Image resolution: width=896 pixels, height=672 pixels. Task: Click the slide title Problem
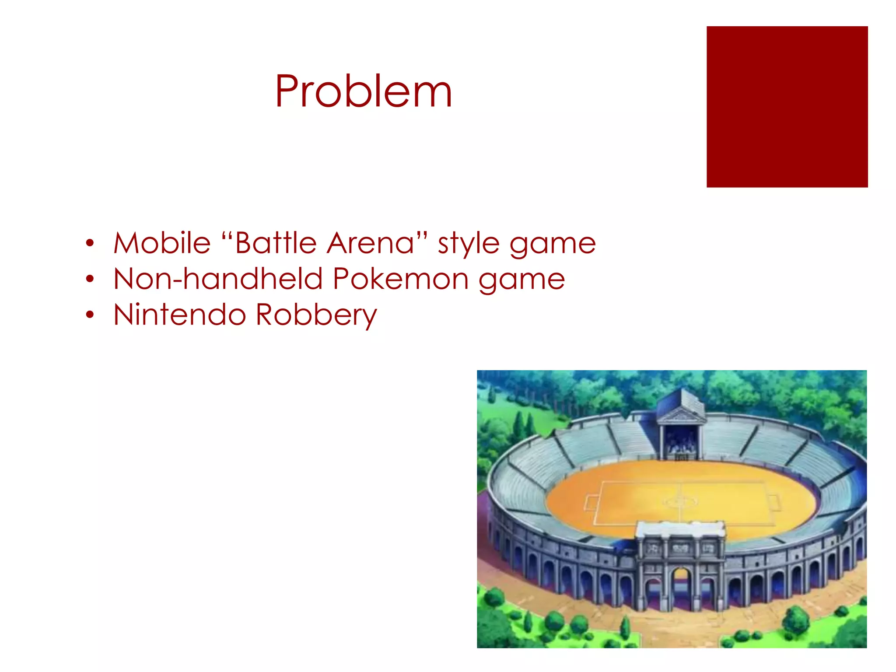[363, 92]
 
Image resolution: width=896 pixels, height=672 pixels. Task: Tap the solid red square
[787, 107]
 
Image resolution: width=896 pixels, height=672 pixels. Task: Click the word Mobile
[162, 243]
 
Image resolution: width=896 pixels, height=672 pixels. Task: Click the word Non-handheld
[217, 279]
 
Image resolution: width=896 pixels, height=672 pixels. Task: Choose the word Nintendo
[179, 315]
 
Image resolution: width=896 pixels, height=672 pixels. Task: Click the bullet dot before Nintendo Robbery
[90, 315]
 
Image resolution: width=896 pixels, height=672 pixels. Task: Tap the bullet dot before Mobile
[90, 243]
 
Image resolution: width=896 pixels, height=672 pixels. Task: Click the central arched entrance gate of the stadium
[680, 586]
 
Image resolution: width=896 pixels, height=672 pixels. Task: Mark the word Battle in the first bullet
[276, 243]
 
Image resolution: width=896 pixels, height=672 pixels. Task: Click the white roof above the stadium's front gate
[680, 529]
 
